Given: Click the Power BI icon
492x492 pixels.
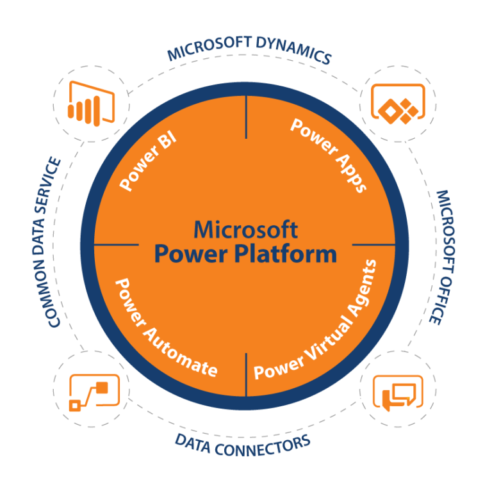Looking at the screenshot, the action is pos(91,104).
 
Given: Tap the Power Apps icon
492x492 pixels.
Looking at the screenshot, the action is pos(398,104).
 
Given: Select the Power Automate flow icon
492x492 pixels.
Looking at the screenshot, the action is pos(94,393).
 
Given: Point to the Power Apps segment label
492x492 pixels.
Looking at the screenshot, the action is pos(329,155).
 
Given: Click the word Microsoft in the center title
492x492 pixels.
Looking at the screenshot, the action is pos(246,230).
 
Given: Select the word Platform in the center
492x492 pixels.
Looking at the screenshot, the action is pos(286,253).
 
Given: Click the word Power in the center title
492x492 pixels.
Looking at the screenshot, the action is pos(191,254).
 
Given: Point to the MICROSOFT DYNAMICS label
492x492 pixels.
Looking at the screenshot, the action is pos(249,49).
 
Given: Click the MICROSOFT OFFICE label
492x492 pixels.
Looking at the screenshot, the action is pos(443,257).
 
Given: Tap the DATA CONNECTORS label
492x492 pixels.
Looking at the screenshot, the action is pos(243,445).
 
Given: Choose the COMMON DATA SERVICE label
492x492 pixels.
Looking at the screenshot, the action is pos(47,242).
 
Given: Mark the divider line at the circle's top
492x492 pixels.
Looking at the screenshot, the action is pos(246,117).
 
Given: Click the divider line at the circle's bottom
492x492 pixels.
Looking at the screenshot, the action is pos(246,375).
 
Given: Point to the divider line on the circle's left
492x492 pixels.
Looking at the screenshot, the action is pos(116,244).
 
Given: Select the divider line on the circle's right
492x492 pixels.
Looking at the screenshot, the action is pos(373,244).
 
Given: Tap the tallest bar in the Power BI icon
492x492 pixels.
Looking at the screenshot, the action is pos(97,111).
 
